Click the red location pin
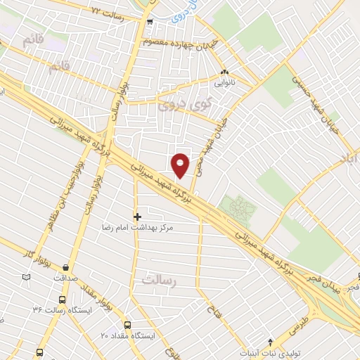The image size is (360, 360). (181, 165)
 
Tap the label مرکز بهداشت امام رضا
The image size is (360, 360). (138, 229)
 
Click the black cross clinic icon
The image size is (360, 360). (137, 216)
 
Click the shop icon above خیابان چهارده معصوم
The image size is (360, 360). (150, 21)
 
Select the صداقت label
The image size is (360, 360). (65, 278)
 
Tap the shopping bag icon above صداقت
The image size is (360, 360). (65, 267)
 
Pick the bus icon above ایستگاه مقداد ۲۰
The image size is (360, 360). (127, 325)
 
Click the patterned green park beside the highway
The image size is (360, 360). (237, 207)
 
